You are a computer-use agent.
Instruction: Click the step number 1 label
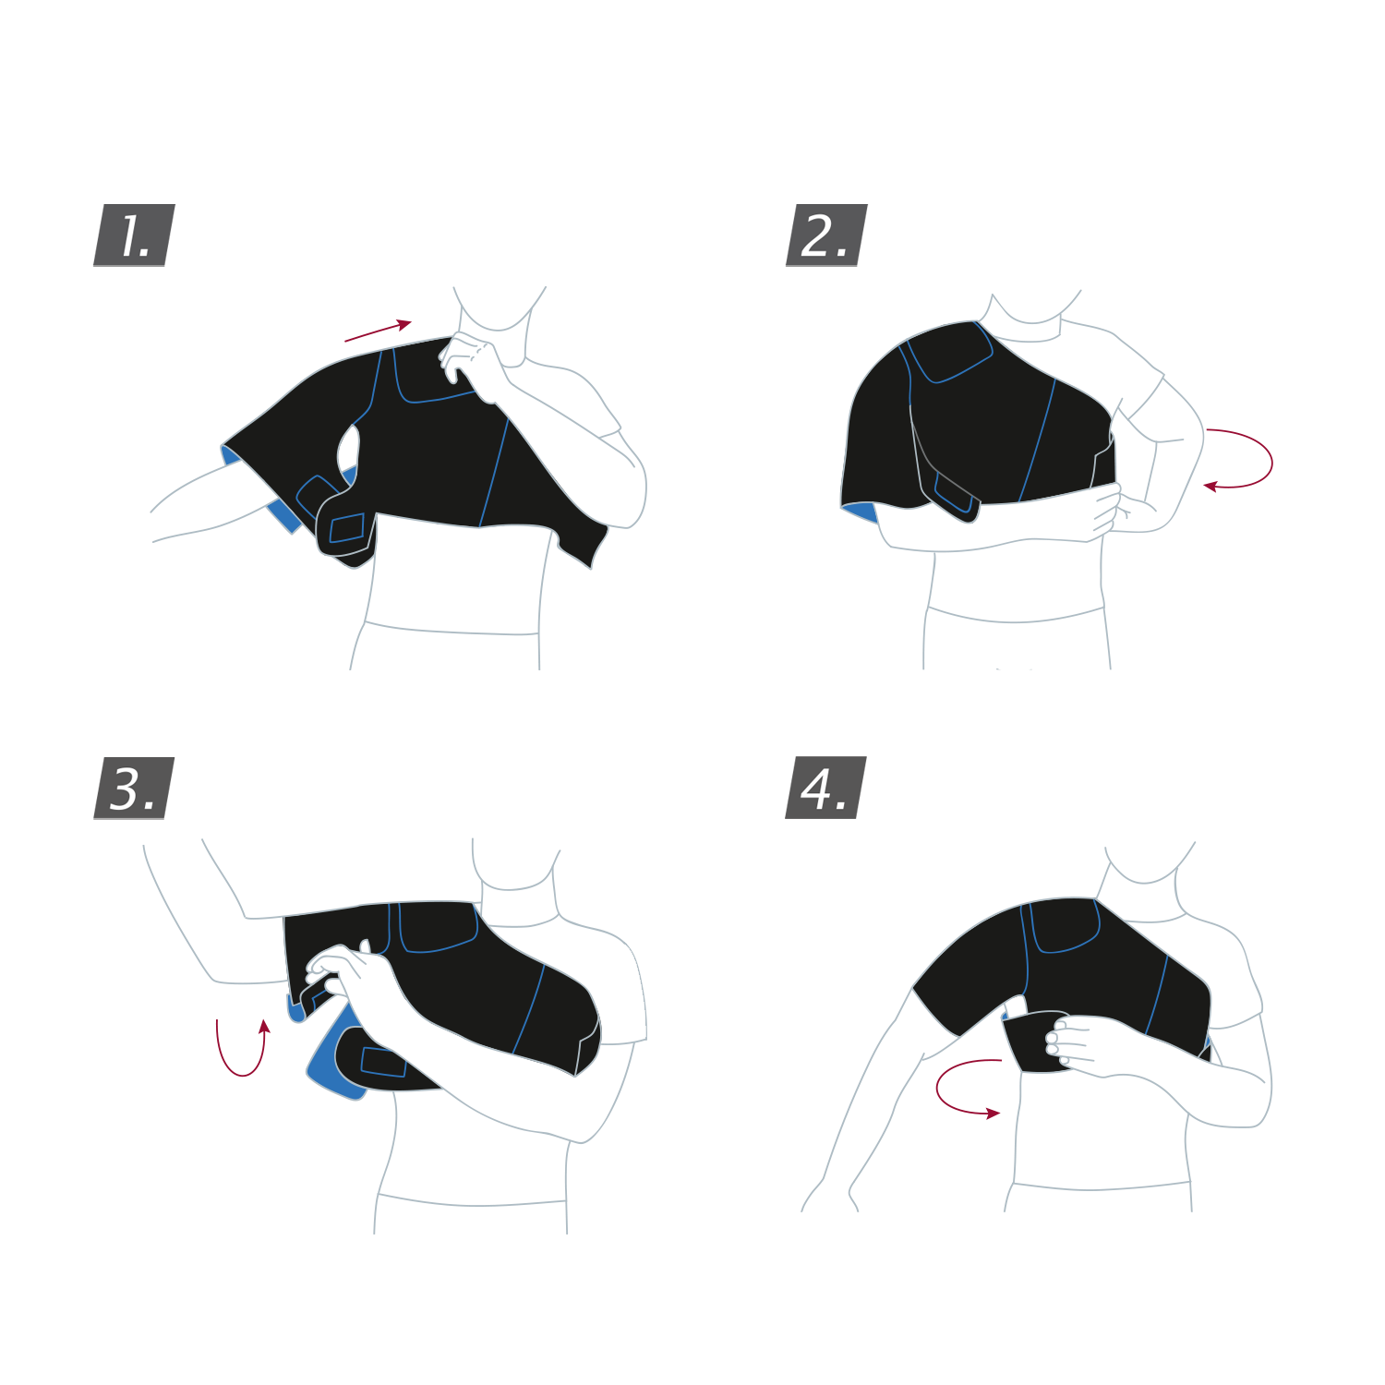pos(134,235)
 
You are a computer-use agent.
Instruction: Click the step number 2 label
pos(826,235)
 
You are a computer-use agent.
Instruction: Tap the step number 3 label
pos(134,789)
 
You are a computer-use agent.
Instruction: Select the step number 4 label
pos(825,788)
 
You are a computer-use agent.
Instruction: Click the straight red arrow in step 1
pos(378,331)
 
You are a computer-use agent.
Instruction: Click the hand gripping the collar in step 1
pos(476,365)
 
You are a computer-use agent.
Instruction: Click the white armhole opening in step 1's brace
pos(348,448)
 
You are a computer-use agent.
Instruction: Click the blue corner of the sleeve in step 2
pos(860,512)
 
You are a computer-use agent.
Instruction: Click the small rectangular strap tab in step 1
pos(347,528)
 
